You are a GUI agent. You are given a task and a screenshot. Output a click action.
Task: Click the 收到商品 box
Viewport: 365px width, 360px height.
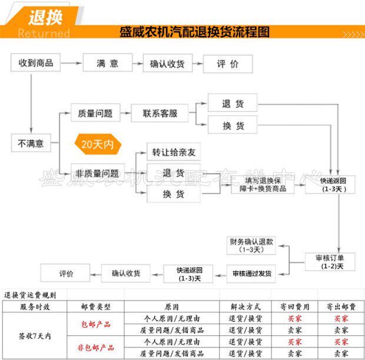36,62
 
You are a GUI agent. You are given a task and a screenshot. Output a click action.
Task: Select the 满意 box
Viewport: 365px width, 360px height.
108,63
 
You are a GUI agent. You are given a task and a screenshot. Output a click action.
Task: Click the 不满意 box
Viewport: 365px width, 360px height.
31,142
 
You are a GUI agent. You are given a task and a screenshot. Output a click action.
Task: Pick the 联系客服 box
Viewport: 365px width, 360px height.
160,113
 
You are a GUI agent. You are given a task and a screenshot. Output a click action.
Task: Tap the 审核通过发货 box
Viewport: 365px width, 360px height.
251,273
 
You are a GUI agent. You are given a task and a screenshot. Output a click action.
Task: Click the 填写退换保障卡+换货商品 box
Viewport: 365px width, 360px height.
263,185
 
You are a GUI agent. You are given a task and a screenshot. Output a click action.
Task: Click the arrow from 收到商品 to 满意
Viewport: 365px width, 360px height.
70,62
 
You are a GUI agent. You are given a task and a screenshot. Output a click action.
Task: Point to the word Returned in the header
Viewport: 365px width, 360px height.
44,33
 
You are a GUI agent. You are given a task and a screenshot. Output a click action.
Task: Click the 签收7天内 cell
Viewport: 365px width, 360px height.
35,336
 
